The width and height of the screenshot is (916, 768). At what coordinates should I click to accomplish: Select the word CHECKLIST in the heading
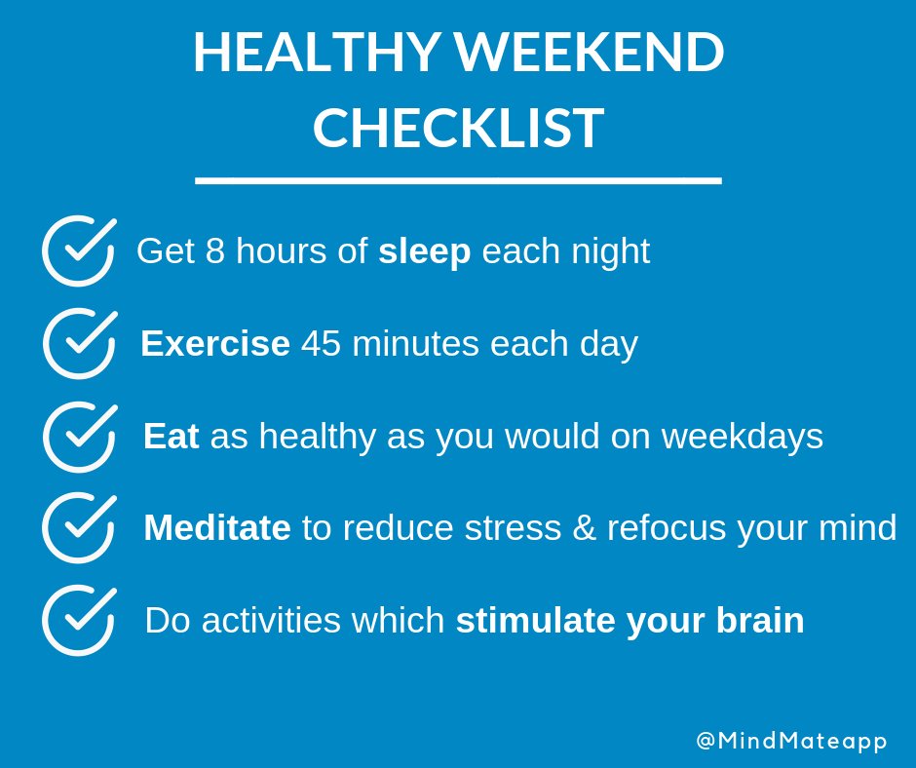[458, 128]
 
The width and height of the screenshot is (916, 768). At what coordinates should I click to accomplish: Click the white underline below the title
[458, 180]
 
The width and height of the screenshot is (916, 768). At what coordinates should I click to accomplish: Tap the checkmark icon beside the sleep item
[78, 252]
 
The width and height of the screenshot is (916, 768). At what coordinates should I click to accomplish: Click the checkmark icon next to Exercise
[78, 344]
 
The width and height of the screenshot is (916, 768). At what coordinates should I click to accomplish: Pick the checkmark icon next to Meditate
[78, 528]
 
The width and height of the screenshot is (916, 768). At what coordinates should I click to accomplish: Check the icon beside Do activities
[78, 621]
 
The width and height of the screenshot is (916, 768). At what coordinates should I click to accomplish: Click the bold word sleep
[424, 252]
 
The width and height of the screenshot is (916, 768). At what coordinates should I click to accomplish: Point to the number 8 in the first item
[214, 251]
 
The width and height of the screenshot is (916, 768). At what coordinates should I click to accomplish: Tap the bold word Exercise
[214, 344]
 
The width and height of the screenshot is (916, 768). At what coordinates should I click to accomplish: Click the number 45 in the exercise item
[321, 344]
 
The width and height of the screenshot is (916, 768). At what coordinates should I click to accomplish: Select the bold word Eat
[171, 437]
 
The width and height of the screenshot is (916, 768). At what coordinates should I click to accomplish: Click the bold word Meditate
[216, 528]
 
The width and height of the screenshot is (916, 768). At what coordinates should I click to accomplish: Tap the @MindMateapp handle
[791, 741]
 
